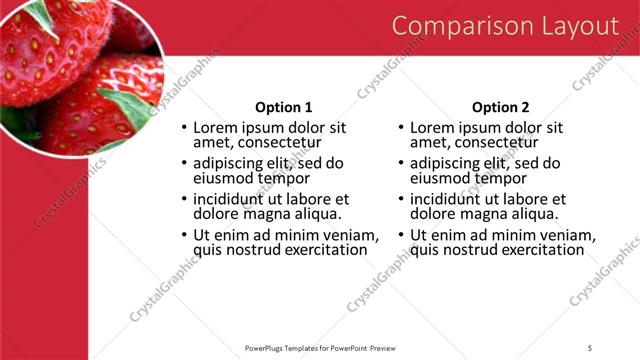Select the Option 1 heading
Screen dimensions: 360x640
pos(284,107)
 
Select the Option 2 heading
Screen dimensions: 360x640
pos(501,107)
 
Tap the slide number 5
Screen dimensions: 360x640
pos(590,347)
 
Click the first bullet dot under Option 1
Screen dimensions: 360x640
pos(183,129)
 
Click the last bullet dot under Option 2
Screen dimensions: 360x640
pos(400,236)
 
